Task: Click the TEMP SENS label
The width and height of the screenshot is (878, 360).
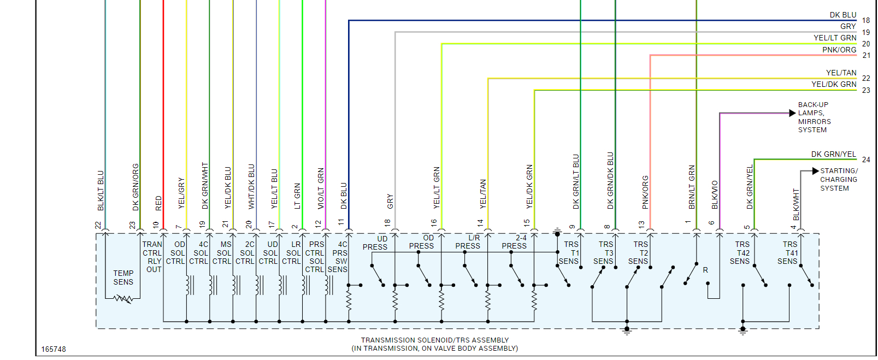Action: pyautogui.click(x=123, y=278)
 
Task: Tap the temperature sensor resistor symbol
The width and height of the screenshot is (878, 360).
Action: pyautogui.click(x=123, y=299)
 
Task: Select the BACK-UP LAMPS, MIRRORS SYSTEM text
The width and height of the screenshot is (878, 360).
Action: pyautogui.click(x=814, y=117)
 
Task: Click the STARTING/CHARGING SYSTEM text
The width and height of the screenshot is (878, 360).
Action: pyautogui.click(x=838, y=179)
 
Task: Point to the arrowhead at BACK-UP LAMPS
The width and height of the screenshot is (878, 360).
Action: pyautogui.click(x=792, y=113)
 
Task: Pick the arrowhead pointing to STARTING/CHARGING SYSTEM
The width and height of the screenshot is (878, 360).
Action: pyautogui.click(x=815, y=171)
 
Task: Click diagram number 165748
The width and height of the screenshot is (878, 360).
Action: pyautogui.click(x=54, y=349)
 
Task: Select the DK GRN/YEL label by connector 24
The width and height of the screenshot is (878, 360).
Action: pyautogui.click(x=833, y=154)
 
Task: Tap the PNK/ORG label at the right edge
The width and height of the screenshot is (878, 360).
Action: pyautogui.click(x=839, y=50)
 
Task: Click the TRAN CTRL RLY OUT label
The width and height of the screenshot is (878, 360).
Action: pyautogui.click(x=152, y=257)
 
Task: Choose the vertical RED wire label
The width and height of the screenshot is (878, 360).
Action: pyautogui.click(x=158, y=203)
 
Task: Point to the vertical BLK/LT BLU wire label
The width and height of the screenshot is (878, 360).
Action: pyautogui.click(x=101, y=191)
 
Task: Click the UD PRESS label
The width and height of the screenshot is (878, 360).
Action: pyautogui.click(x=375, y=243)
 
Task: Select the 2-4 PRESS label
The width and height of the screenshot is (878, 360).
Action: pyautogui.click(x=515, y=242)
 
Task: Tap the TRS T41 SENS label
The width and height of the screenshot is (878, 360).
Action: pyautogui.click(x=788, y=253)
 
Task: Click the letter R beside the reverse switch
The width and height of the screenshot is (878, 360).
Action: pyautogui.click(x=705, y=270)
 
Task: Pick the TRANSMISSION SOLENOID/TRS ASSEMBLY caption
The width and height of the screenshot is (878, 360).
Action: pyautogui.click(x=435, y=340)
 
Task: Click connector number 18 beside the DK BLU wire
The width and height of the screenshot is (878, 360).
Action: pyautogui.click(x=866, y=21)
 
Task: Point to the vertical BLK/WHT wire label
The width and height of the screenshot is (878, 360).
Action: pyautogui.click(x=796, y=204)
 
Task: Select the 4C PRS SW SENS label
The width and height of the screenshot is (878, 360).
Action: pyautogui.click(x=338, y=257)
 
